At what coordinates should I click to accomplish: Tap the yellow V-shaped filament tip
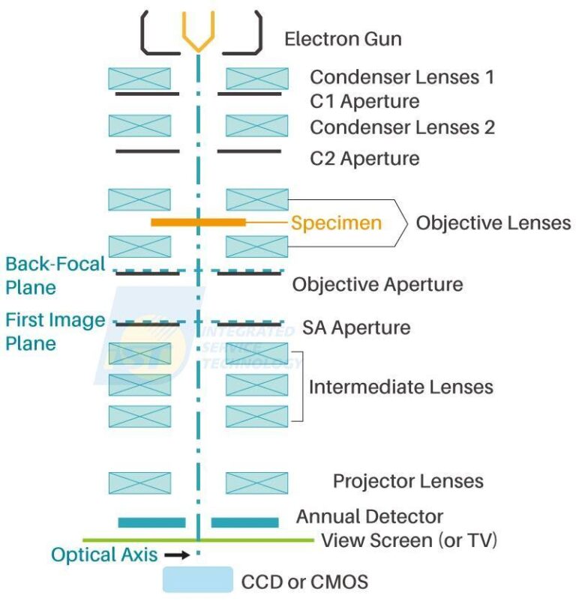click(x=198, y=37)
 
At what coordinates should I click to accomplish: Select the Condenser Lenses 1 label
click(x=402, y=77)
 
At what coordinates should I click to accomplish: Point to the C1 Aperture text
click(x=364, y=100)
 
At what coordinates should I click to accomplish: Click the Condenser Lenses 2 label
click(x=402, y=127)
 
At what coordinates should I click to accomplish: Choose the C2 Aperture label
click(x=364, y=159)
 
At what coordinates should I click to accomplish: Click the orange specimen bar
click(x=198, y=222)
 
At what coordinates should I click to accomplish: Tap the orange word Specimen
click(x=336, y=223)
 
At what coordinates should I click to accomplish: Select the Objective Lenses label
click(x=493, y=223)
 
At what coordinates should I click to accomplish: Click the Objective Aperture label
click(x=377, y=285)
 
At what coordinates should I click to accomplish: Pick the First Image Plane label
click(x=55, y=331)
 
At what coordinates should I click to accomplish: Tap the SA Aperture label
click(x=356, y=327)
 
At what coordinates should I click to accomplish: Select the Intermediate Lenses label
click(x=401, y=387)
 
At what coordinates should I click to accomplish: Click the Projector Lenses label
click(x=408, y=480)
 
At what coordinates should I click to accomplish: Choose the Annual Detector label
click(x=369, y=516)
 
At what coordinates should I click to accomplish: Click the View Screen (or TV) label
click(x=409, y=540)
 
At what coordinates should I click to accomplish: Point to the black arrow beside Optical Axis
click(x=175, y=555)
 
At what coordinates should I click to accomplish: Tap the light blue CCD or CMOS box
click(x=198, y=579)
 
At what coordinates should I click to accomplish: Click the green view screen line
click(x=135, y=540)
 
